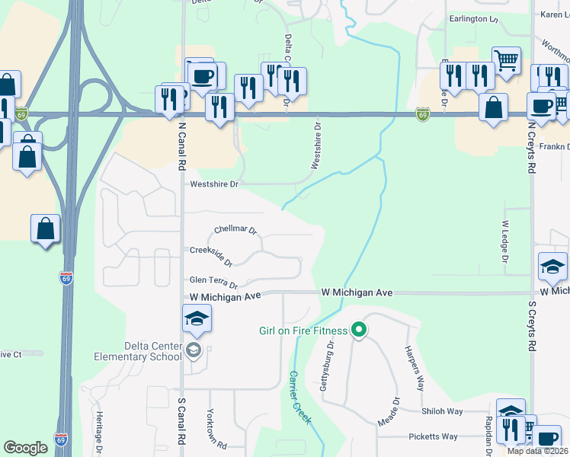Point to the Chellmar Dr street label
click(235, 229)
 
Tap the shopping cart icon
click(506, 59)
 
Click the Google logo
click(25, 448)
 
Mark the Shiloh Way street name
click(443, 411)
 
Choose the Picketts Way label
click(433, 436)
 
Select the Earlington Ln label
click(472, 18)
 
